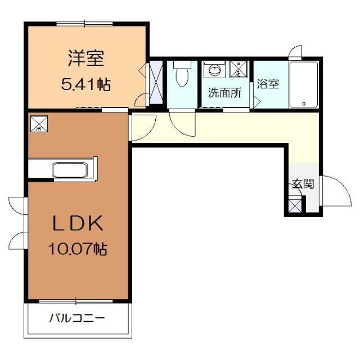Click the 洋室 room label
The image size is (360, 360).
pos(86,57)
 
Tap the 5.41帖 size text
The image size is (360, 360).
pos(85,85)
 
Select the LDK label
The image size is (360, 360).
pos(78,224)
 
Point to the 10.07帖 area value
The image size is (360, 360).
pos(79,248)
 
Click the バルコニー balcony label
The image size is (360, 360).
pos(76,318)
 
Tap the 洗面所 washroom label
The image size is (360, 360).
pos(224,93)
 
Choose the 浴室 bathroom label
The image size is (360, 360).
pos(268,84)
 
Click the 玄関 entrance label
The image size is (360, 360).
pos(303,183)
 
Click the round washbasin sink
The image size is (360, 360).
pos(214,71)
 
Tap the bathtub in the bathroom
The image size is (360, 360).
pos(304,84)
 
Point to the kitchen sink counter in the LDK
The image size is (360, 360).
pos(69,169)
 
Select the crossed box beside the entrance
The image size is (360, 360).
pos(294,205)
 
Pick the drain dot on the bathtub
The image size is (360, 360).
pos(304,103)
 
